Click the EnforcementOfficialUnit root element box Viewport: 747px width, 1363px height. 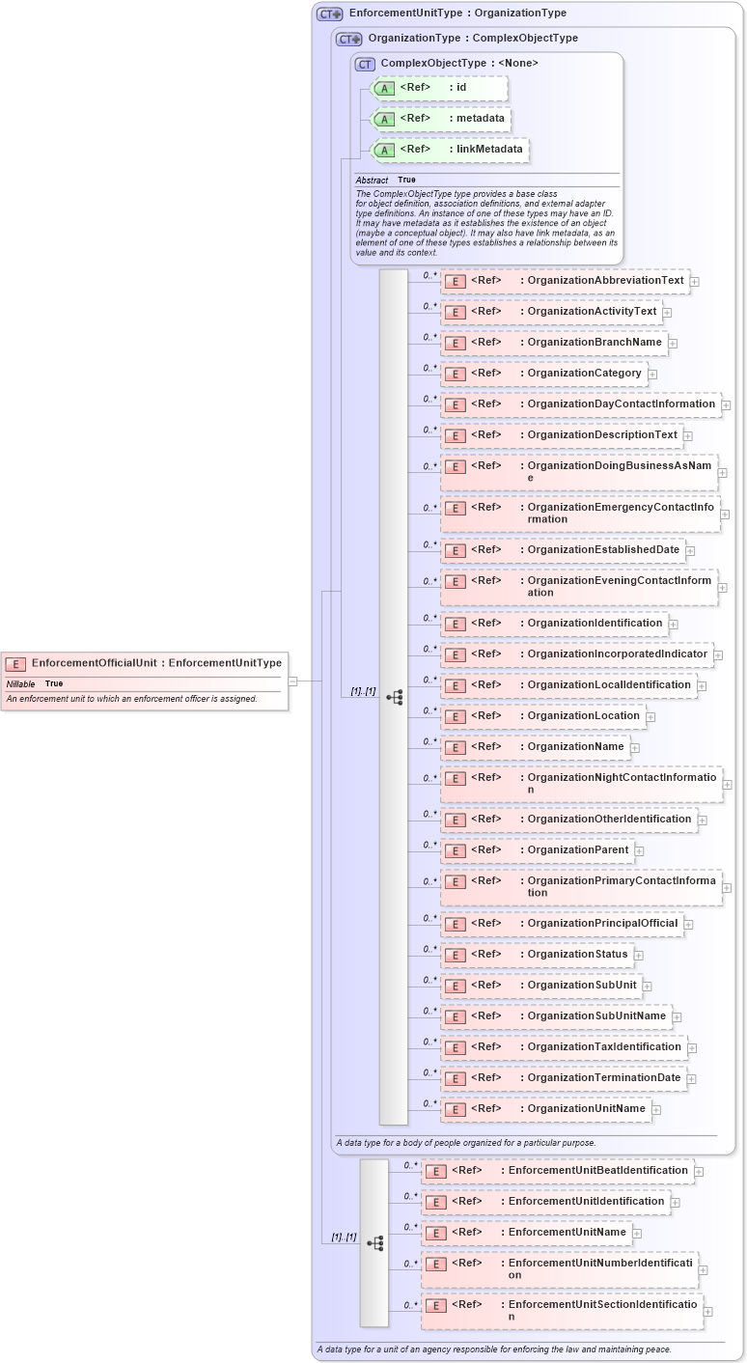pyautogui.click(x=145, y=663)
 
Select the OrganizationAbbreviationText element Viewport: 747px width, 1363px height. pyautogui.click(x=564, y=281)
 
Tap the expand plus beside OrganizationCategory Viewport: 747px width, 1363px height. pyautogui.click(x=652, y=375)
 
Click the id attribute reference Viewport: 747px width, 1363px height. pyautogui.click(x=439, y=88)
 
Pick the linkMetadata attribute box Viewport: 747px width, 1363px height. pyautogui.click(x=450, y=150)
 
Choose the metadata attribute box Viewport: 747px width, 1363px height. pyautogui.click(x=440, y=119)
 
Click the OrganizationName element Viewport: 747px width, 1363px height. pyautogui.click(x=535, y=746)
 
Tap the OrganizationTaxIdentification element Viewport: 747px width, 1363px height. pyautogui.click(x=564, y=1046)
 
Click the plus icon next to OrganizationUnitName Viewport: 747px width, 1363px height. pyautogui.click(x=656, y=1110)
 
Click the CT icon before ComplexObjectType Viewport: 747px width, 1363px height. pyautogui.click(x=365, y=64)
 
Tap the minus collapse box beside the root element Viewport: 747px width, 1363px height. pyautogui.click(x=293, y=681)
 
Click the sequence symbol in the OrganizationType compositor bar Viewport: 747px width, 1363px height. pyautogui.click(x=394, y=697)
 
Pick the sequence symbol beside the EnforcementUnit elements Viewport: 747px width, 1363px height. pyautogui.click(x=374, y=1243)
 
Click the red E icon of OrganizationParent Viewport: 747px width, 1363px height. pyautogui.click(x=455, y=851)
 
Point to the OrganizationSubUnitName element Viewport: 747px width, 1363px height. pyautogui.click(x=555, y=1015)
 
